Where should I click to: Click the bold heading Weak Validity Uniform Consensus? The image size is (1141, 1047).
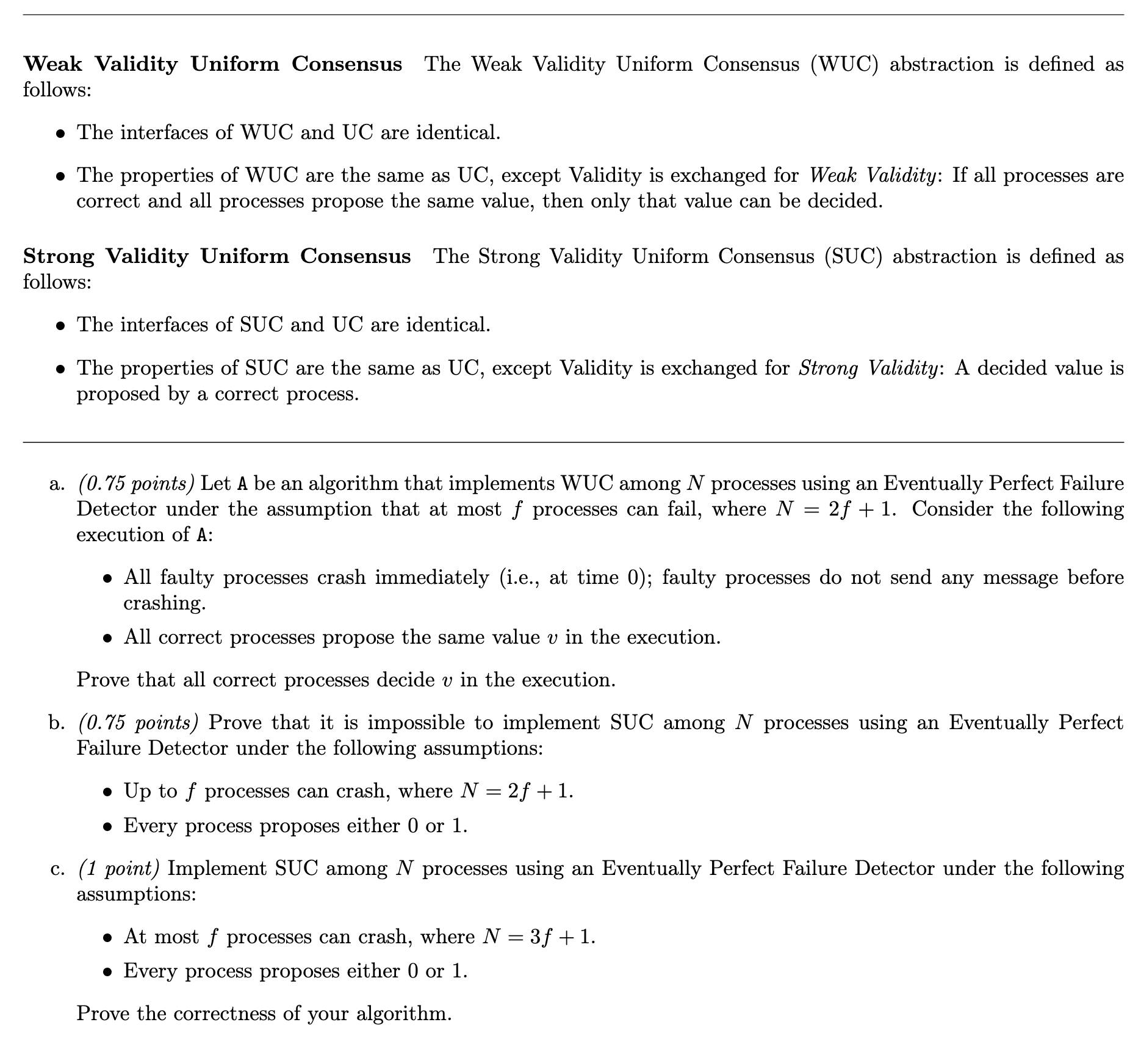pos(212,64)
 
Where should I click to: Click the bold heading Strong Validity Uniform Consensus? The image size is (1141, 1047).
pos(217,256)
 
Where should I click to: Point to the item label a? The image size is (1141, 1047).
pos(57,484)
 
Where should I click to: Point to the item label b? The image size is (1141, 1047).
pos(57,723)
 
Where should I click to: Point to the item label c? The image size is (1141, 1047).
pos(57,868)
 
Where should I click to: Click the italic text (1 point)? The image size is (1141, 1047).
pos(119,868)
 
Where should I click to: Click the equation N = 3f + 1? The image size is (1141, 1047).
pos(538,937)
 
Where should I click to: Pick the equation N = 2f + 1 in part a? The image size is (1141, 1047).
pos(835,509)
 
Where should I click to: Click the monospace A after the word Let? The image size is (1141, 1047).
pos(242,484)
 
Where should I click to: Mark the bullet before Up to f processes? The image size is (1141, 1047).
pos(107,793)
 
